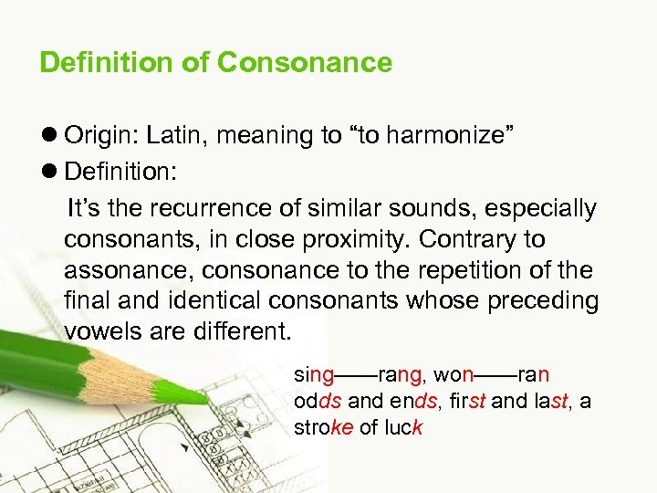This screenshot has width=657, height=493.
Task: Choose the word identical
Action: (239, 300)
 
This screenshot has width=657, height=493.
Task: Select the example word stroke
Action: (323, 427)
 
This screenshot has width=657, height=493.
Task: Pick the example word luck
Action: (403, 427)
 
